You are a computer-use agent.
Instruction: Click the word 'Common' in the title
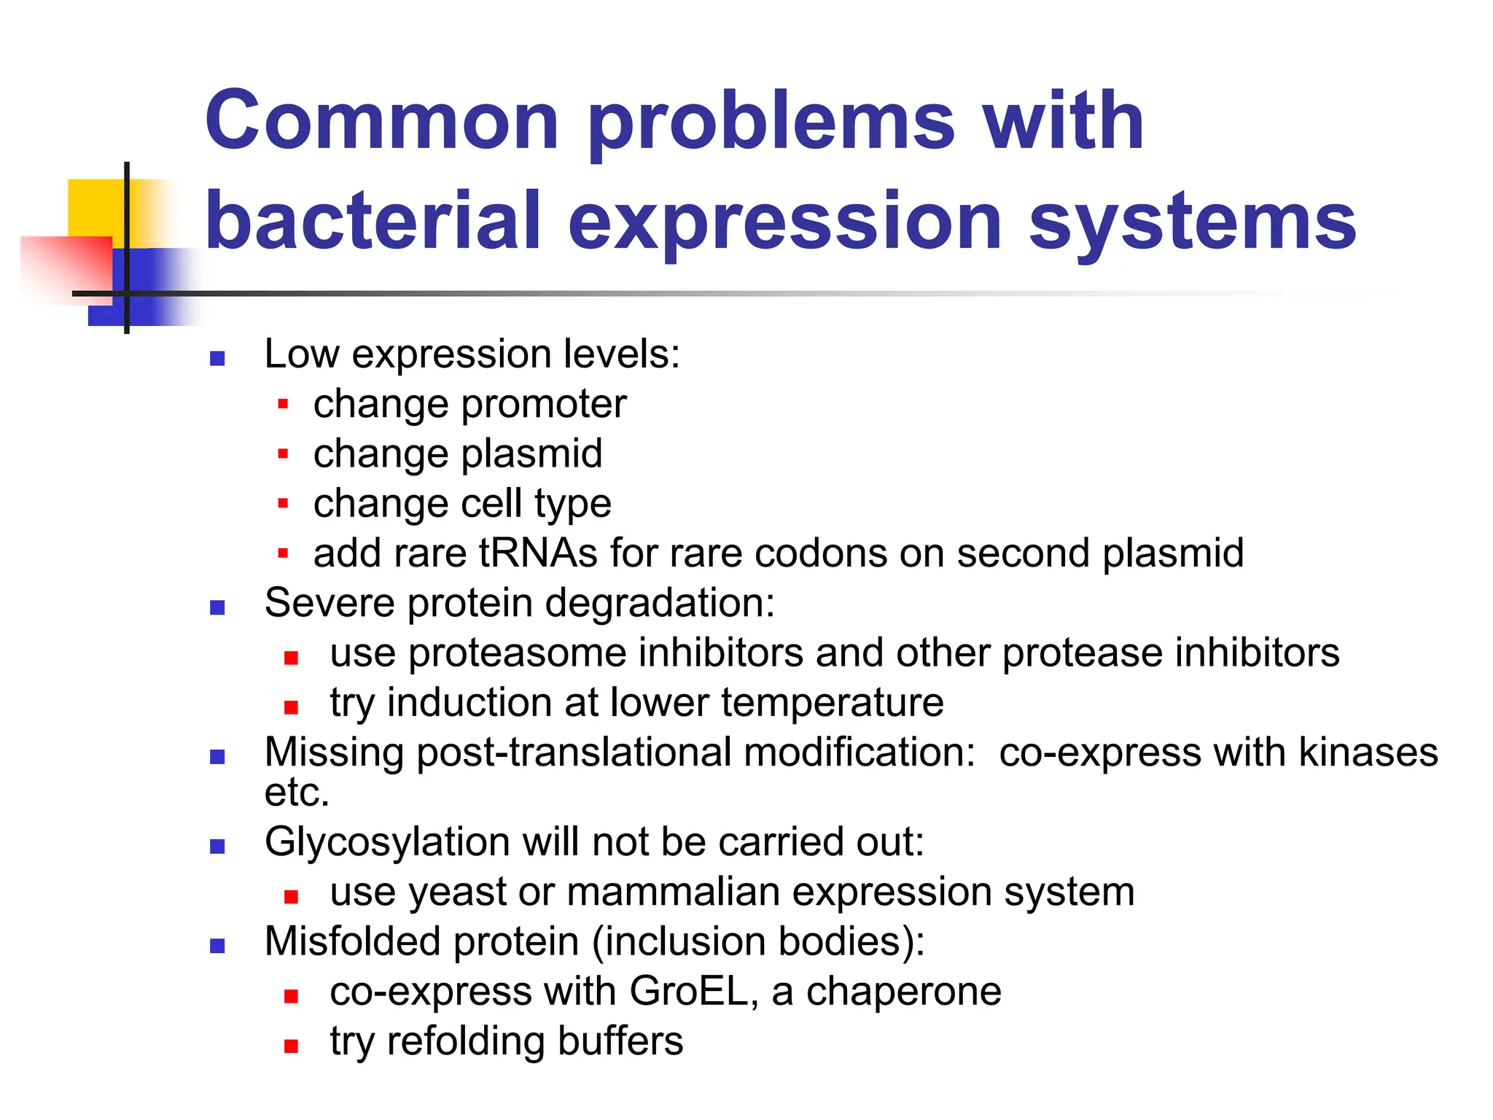[x=382, y=121]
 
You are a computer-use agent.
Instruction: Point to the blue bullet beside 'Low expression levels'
[x=217, y=358]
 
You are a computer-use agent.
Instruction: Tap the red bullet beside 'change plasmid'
[x=284, y=454]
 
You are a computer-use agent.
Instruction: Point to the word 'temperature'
[x=832, y=703]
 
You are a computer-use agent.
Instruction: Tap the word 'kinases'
[x=1368, y=752]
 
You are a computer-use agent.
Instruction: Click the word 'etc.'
[x=297, y=793]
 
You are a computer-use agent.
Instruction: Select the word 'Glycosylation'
[x=387, y=843]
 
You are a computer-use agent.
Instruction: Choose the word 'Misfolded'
[x=353, y=942]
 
